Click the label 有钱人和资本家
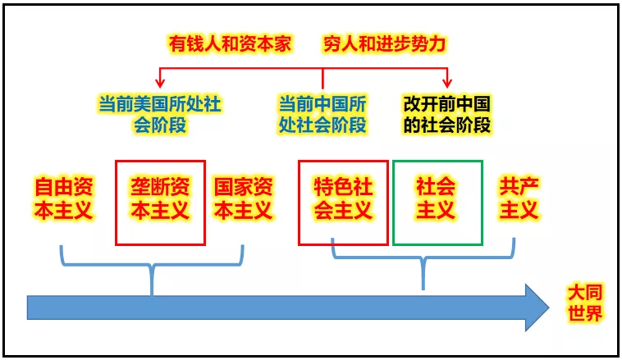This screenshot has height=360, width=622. [x=230, y=43]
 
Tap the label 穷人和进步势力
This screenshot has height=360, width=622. [x=384, y=43]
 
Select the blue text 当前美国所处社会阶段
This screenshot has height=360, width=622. [x=160, y=115]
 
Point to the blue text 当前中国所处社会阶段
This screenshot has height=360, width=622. [x=322, y=115]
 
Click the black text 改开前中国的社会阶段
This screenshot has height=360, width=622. [x=447, y=115]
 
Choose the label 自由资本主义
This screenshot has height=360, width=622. [x=64, y=198]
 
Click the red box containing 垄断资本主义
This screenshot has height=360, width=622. [x=160, y=161]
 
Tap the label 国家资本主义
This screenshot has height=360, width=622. [x=244, y=198]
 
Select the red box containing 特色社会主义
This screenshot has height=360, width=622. [x=343, y=161]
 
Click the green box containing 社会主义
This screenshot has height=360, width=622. [x=437, y=161]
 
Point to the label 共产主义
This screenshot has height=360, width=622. [x=519, y=198]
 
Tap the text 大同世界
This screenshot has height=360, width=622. [x=585, y=303]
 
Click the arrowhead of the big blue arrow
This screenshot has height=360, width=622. [x=537, y=308]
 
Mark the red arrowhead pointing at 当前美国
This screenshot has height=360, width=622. [x=160, y=84]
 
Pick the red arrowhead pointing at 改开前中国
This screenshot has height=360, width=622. [x=447, y=84]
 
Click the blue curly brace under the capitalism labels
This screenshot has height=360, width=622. [x=152, y=265]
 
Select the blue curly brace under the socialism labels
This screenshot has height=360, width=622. [x=423, y=258]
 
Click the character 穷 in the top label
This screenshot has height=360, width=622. [x=332, y=43]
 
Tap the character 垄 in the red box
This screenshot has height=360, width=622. [x=140, y=187]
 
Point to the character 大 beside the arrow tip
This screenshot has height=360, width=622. [x=576, y=293]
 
